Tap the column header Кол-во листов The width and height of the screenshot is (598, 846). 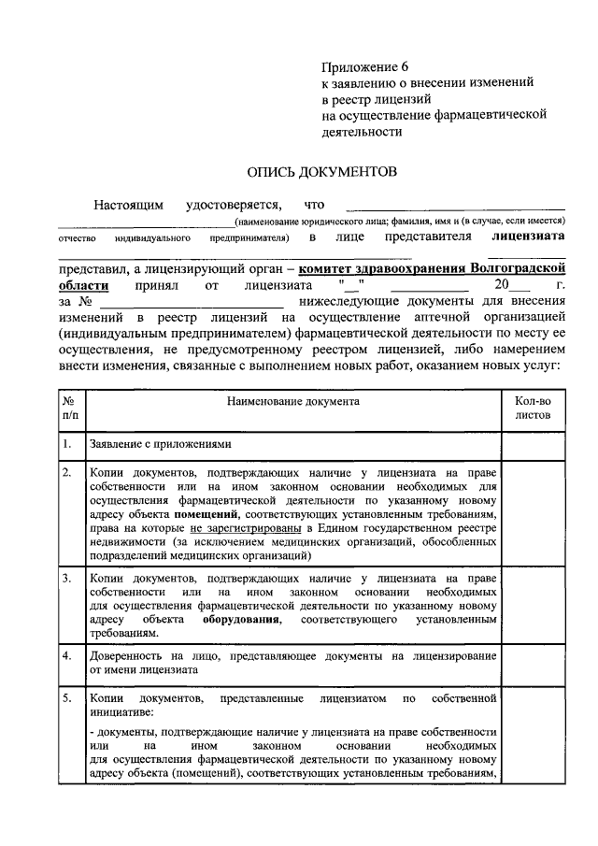533,408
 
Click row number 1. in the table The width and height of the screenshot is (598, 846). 67,444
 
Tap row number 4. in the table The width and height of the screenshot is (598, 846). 67,655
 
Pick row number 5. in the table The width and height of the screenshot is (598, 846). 67,698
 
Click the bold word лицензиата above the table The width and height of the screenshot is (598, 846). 529,238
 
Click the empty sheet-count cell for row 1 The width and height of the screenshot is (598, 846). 533,444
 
